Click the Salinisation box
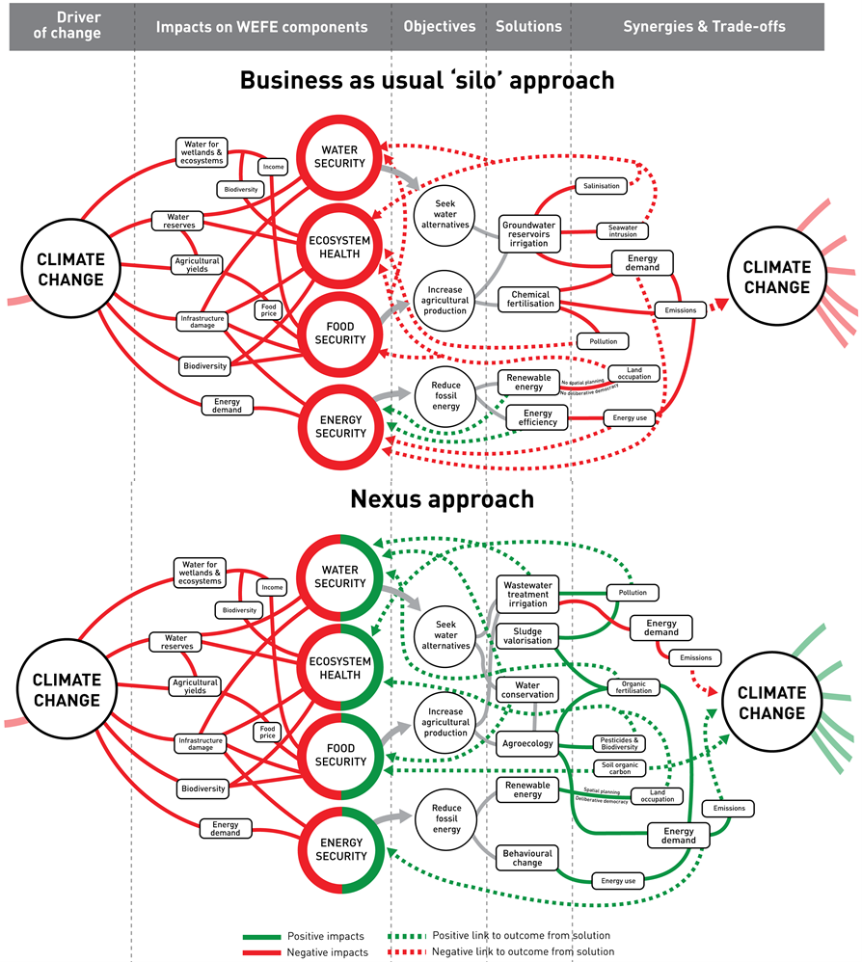(602, 185)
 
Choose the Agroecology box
(527, 744)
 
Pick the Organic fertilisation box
(633, 686)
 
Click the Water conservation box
(527, 689)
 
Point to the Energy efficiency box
(530, 416)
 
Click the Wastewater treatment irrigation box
(527, 595)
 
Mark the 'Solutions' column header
(528, 27)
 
